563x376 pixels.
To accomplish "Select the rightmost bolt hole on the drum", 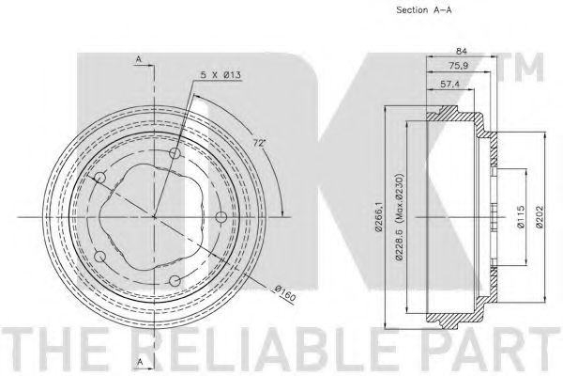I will click(221, 218).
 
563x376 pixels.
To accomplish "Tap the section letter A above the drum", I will click(138, 60).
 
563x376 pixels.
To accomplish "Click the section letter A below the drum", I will click(138, 362).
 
